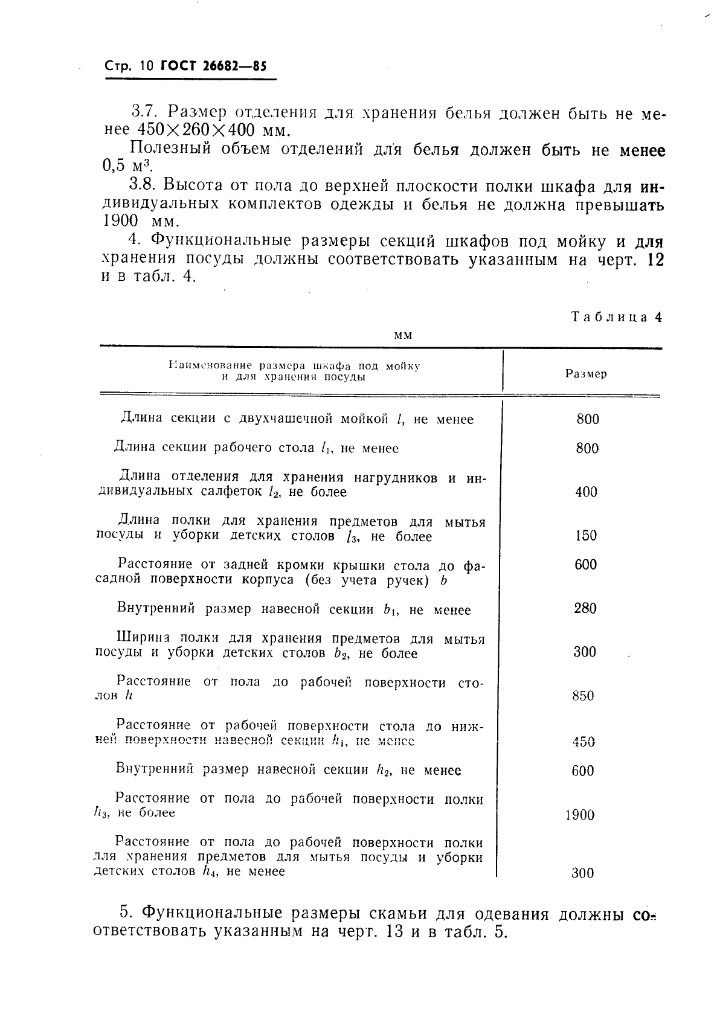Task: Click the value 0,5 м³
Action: pos(126,165)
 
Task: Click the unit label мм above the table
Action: pos(402,336)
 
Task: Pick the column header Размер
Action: pos(586,374)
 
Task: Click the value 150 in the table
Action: pos(585,536)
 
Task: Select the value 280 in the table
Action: pos(585,608)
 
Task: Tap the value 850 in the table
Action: pos(583,696)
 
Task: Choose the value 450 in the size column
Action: pos(584,742)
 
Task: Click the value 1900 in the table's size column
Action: pos(580,815)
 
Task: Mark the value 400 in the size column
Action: pos(586,492)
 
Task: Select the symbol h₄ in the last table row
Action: pos(210,871)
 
